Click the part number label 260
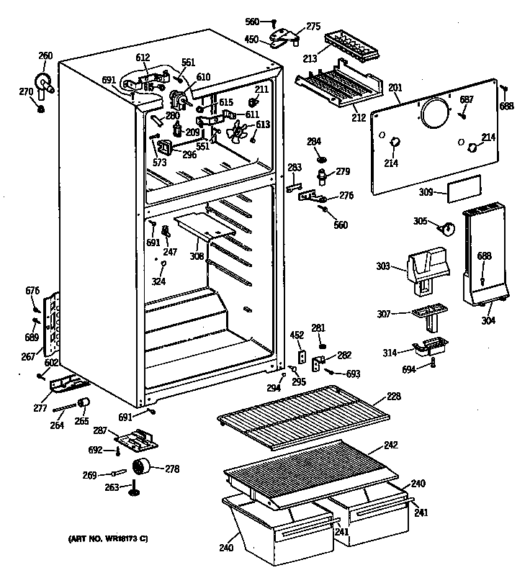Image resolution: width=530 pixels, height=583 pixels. [x=45, y=55]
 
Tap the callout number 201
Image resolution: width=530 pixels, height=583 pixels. [x=395, y=88]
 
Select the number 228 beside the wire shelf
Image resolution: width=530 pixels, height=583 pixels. [x=394, y=397]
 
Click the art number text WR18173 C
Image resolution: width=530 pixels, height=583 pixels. [x=109, y=539]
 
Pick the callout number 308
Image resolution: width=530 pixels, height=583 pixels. [x=197, y=256]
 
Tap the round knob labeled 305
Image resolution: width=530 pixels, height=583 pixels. [x=446, y=228]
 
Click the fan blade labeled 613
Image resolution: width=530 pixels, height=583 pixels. [x=237, y=132]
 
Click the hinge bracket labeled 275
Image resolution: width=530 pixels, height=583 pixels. [x=288, y=33]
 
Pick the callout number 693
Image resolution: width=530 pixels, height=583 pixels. [x=352, y=374]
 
